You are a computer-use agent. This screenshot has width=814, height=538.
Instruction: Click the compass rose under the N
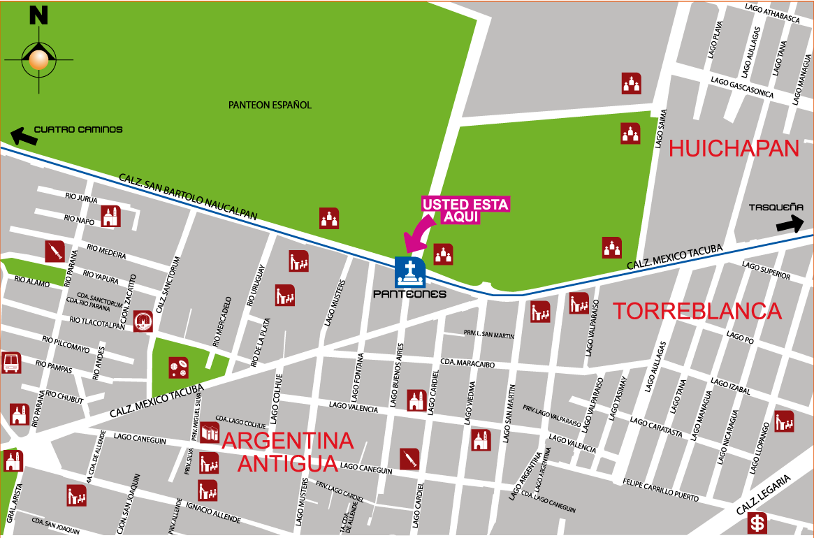tap(38, 60)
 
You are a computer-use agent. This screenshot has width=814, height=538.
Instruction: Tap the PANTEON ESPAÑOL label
tap(270, 106)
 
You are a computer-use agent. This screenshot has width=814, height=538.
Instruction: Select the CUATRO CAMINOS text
tap(78, 129)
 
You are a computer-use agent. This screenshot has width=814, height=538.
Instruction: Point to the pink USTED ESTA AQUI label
tap(465, 210)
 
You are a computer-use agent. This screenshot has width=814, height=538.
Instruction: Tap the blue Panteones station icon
tap(410, 272)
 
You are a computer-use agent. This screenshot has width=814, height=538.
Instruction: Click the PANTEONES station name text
tap(409, 294)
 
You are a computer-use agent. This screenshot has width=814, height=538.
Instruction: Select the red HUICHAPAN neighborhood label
tap(734, 148)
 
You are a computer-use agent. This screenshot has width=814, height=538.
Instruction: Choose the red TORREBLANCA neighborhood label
tap(697, 311)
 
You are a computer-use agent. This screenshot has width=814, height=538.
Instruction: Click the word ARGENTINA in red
tap(288, 441)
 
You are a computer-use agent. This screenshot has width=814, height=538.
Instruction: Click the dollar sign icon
tap(757, 522)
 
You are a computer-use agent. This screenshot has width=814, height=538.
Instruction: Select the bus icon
tap(11, 363)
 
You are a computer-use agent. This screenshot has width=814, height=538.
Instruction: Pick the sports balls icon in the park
tap(178, 368)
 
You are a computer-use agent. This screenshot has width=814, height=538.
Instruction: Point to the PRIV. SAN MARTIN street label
tap(489, 334)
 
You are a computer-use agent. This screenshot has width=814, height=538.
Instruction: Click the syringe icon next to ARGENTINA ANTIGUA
tap(409, 458)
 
